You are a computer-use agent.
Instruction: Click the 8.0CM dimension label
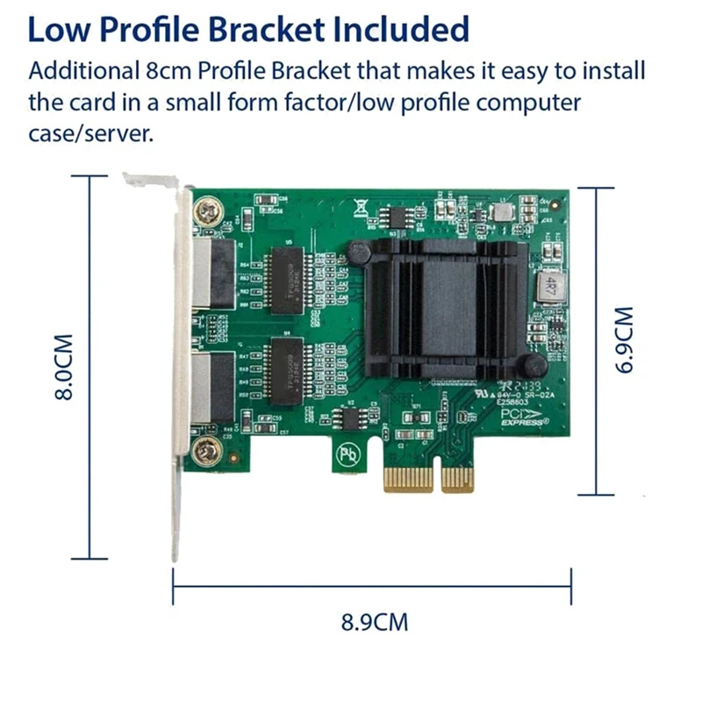pyautogui.click(x=63, y=366)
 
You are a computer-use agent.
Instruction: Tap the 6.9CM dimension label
pyautogui.click(x=622, y=340)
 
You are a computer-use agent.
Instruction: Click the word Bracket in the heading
pyautogui.click(x=280, y=29)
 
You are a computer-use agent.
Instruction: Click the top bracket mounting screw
pyautogui.click(x=208, y=212)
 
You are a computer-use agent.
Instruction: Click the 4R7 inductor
pyautogui.click(x=550, y=286)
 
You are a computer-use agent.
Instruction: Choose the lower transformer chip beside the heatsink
pyautogui.click(x=288, y=361)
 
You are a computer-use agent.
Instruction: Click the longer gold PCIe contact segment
pyautogui.click(x=410, y=480)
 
